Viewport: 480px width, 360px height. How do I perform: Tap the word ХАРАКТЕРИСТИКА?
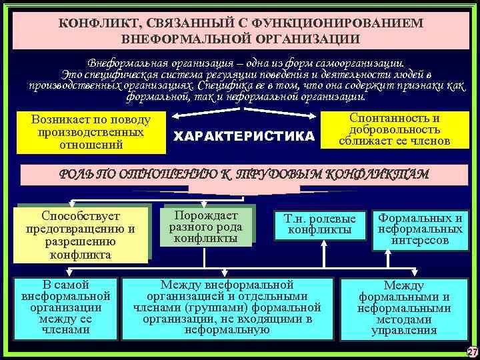point(243,137)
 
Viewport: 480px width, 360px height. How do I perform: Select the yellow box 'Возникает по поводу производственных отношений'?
point(91,131)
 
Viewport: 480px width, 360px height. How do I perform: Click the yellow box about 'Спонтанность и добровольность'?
point(394,129)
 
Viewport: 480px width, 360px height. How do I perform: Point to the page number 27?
point(472,352)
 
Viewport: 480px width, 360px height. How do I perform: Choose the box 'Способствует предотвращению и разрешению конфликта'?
point(81,235)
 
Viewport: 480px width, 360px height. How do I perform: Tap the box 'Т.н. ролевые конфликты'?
point(320,224)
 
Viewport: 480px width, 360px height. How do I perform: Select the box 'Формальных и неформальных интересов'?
point(420,229)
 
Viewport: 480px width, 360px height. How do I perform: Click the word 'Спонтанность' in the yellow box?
point(395,118)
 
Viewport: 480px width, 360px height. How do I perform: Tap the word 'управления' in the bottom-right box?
point(404,330)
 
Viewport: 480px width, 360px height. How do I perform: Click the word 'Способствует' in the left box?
point(81,216)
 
